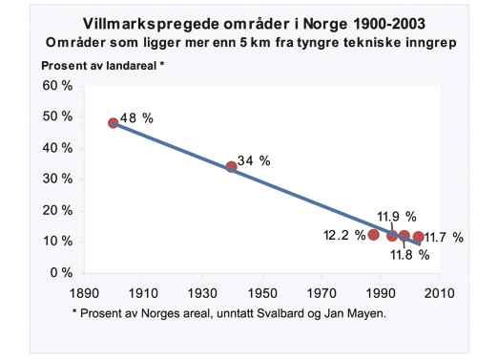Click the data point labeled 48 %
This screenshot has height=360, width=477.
point(114,123)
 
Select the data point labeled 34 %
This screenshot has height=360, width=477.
point(232,167)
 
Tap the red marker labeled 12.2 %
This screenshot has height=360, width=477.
point(374,235)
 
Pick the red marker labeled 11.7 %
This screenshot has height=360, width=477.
point(419,237)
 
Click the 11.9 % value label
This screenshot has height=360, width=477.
point(394,216)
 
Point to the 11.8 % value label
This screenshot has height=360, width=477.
point(411,255)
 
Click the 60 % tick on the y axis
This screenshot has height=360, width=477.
point(60,86)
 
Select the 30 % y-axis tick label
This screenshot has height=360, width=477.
point(60,179)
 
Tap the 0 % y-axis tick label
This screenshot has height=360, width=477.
point(64,272)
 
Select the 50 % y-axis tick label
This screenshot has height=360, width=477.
point(60,116)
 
